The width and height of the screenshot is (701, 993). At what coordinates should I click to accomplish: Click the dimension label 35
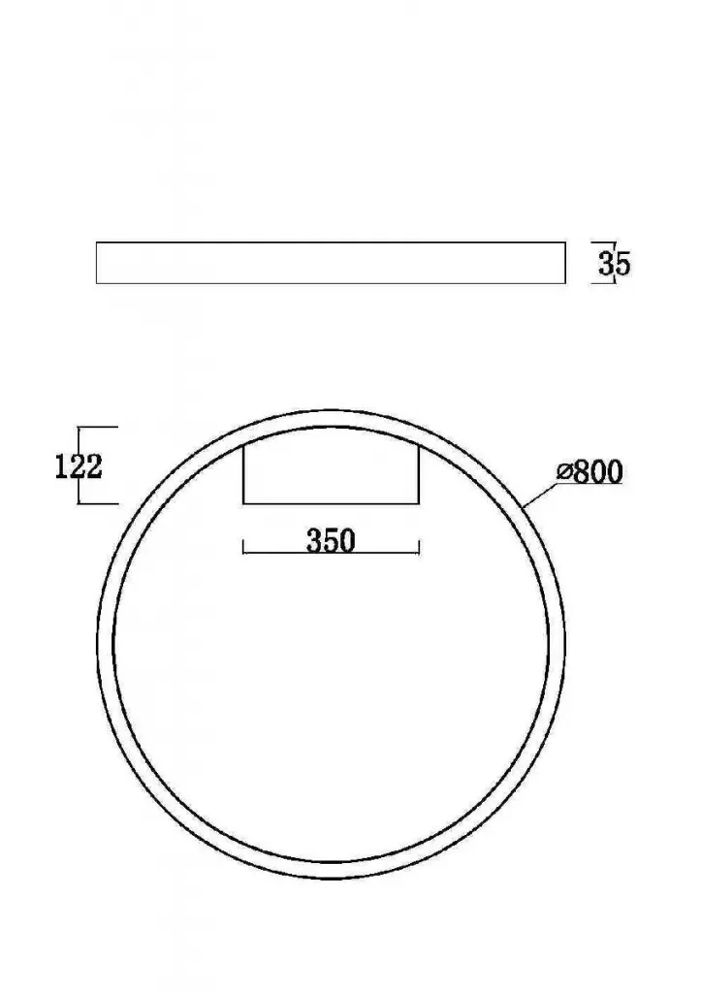(x=615, y=264)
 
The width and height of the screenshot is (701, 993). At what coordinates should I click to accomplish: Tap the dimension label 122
(x=79, y=466)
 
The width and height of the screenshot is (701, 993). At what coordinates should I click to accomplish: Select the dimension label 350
(x=331, y=541)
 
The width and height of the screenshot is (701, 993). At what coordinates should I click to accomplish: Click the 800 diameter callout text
(x=589, y=472)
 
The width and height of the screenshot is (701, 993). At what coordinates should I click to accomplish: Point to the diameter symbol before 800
(x=564, y=471)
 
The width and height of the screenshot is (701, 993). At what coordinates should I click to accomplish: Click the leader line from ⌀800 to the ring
(x=540, y=496)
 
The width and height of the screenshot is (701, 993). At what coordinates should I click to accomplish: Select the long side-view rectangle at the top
(x=331, y=263)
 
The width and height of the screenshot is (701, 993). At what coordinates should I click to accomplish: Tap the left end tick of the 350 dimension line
(x=243, y=547)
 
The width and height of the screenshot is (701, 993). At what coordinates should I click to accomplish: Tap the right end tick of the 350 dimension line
(x=419, y=547)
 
